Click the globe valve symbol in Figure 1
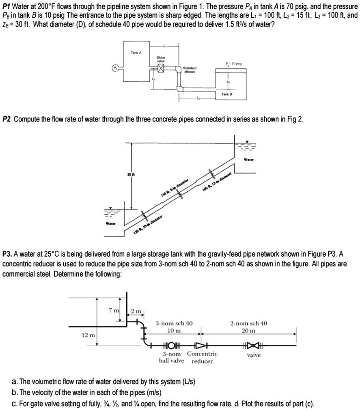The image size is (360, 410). (x=161, y=66)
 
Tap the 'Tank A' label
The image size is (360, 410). (x=136, y=52)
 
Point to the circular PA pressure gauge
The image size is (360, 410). (x=114, y=68)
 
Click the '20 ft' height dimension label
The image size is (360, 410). (x=129, y=174)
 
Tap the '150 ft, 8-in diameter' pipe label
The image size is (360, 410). (x=174, y=187)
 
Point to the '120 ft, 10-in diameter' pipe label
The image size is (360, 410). (x=149, y=224)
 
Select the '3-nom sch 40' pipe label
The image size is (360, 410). (x=174, y=323)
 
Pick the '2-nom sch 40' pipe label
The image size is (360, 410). (x=249, y=323)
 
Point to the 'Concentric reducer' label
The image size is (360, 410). (x=202, y=357)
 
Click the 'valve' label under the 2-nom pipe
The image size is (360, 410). (x=254, y=355)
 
